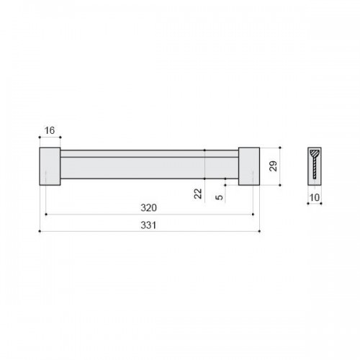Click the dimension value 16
tap(50, 130)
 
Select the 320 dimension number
tap(149, 207)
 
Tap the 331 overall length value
tap(148, 225)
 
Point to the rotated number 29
tap(273, 166)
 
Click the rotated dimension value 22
tap(198, 194)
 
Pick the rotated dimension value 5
tap(219, 197)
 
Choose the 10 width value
tap(315, 197)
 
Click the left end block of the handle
tap(50, 166)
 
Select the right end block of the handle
tap(249, 166)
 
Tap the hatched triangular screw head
tap(315, 153)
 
